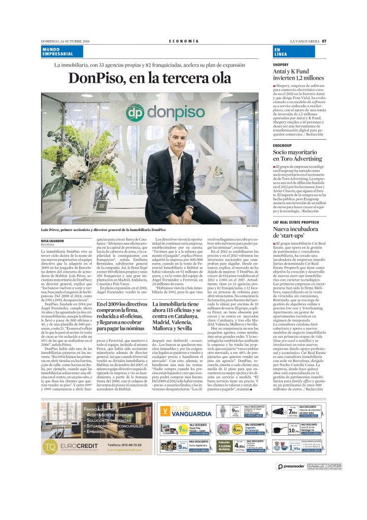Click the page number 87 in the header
(x=323, y=41)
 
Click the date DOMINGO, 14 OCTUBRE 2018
(x=65, y=41)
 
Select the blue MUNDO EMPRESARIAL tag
(x=58, y=51)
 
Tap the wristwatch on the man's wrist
(x=189, y=209)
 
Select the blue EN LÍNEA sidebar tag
(x=280, y=51)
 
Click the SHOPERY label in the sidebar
(x=281, y=65)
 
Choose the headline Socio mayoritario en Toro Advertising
(x=297, y=155)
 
